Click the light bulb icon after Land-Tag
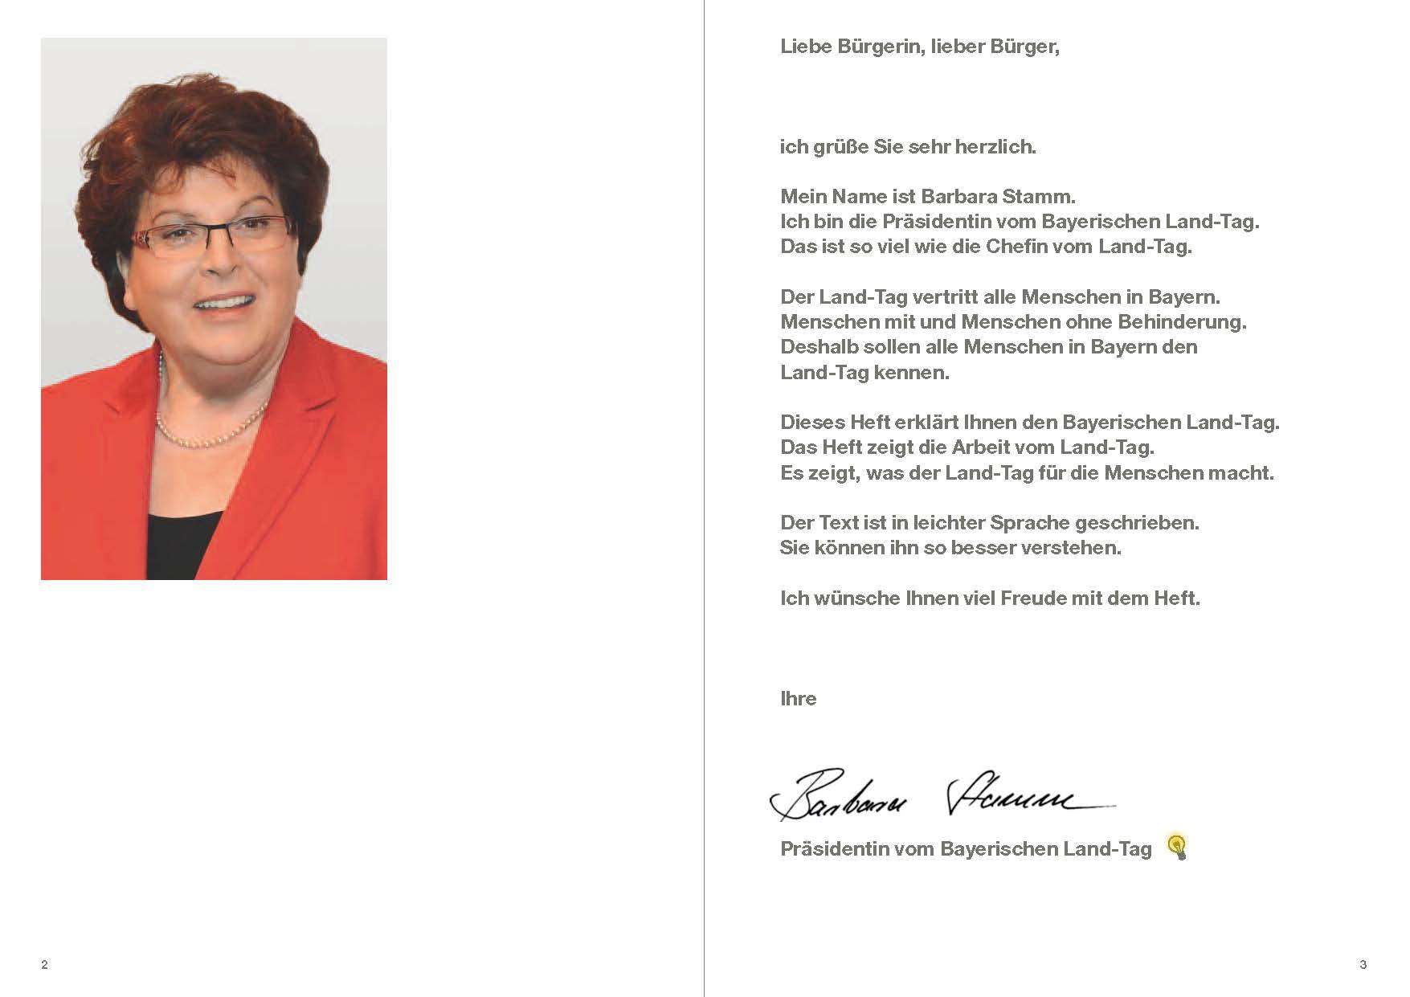1177,847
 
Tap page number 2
44,964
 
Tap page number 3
1363,964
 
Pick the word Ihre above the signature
798,699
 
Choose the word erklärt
926,423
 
